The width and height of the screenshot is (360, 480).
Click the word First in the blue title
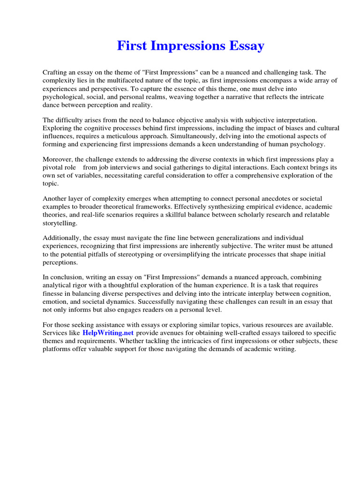click(129, 46)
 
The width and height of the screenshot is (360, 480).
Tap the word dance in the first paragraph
click(52, 105)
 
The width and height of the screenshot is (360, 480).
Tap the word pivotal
click(53, 168)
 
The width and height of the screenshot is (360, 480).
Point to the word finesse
click(54, 294)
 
